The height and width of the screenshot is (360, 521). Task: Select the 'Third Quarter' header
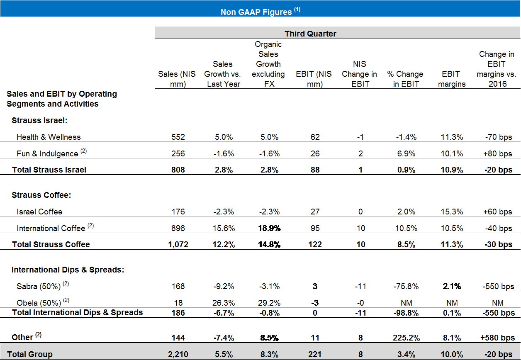[x=310, y=34]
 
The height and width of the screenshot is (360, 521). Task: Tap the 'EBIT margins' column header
[x=451, y=79]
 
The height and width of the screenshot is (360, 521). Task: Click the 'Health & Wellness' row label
[x=49, y=137]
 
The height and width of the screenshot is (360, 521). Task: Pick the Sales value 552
[x=178, y=137]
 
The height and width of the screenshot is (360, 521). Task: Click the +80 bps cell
[x=498, y=153]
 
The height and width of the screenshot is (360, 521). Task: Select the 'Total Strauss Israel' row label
[x=49, y=169]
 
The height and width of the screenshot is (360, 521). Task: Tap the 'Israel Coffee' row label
[x=39, y=212]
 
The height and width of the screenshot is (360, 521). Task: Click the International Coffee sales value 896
[x=178, y=228]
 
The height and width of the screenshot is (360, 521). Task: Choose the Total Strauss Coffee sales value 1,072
[x=178, y=244]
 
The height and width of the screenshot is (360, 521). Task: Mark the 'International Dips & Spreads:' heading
[x=68, y=270]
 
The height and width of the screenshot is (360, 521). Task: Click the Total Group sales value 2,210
[x=178, y=354]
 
